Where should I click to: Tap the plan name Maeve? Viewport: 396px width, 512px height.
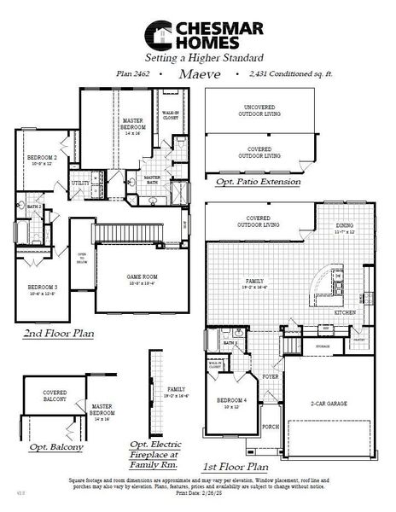199,74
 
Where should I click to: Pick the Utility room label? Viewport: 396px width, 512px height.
80,183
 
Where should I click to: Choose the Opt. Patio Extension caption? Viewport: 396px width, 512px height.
258,182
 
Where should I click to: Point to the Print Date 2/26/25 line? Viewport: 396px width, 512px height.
198,494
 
